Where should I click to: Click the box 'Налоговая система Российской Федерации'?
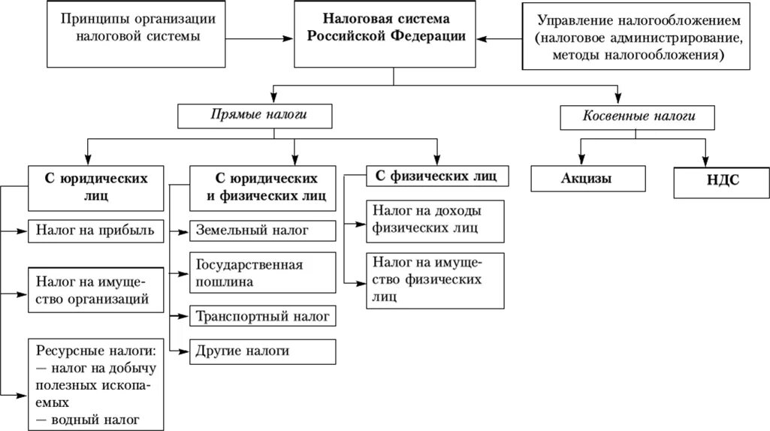pyautogui.click(x=389, y=35)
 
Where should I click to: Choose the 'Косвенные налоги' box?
pyautogui.click(x=638, y=116)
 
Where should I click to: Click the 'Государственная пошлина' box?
pyautogui.click(x=261, y=273)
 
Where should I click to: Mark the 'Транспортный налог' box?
pyautogui.click(x=261, y=316)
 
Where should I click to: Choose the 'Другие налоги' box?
pyautogui.click(x=261, y=351)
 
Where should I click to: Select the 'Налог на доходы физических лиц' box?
pyautogui.click(x=434, y=221)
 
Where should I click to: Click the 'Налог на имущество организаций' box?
pyautogui.click(x=95, y=289)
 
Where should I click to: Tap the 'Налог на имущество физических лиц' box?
pyautogui.click(x=434, y=279)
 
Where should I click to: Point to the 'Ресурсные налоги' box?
pyautogui.click(x=95, y=384)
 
